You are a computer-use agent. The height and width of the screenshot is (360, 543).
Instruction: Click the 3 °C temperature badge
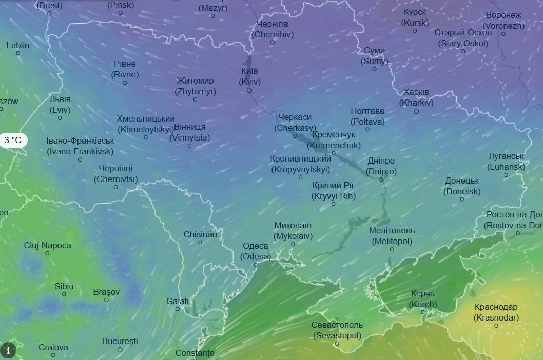click(13, 139)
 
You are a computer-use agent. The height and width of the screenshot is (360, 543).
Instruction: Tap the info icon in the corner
click(8, 350)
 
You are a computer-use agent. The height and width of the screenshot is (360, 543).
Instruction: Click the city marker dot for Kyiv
click(249, 90)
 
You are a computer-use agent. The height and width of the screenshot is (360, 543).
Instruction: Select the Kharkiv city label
click(416, 97)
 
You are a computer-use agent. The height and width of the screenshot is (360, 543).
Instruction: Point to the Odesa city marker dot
click(256, 265)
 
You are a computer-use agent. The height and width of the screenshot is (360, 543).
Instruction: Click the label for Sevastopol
click(337, 330)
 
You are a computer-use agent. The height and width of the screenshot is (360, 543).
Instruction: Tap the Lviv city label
click(60, 105)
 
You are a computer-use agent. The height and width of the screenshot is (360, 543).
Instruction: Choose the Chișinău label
click(200, 234)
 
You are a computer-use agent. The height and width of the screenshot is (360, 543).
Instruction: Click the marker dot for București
click(120, 350)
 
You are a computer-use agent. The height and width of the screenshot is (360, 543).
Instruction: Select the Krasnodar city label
click(496, 312)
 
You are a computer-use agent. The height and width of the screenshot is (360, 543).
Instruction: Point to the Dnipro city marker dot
click(381, 179)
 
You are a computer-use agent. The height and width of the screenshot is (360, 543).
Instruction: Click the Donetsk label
click(462, 186)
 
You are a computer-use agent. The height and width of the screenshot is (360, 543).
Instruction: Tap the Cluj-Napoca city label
click(47, 245)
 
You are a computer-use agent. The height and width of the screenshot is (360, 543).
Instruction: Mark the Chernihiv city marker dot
click(273, 42)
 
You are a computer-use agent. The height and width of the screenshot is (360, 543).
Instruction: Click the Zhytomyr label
click(195, 86)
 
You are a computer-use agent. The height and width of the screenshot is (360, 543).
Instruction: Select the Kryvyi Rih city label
click(334, 191)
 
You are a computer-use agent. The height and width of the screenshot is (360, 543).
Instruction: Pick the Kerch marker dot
click(422, 312)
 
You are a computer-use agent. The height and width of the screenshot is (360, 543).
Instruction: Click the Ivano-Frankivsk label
click(80, 146)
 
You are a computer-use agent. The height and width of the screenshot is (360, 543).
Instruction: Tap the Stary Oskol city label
click(463, 38)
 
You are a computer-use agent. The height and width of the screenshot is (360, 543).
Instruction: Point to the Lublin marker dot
click(18, 53)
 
